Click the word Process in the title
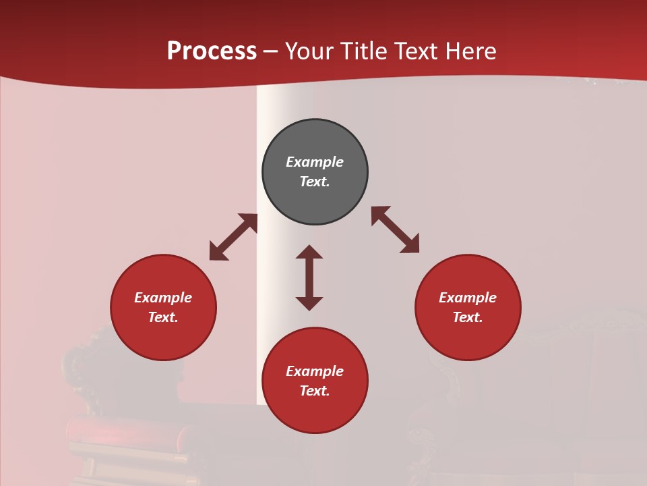tap(212, 51)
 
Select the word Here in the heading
tap(470, 51)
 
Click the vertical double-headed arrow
tap(309, 277)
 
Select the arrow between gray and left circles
tap(233, 237)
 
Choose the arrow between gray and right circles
tap(396, 230)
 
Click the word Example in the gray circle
tap(315, 162)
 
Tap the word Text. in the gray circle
tap(315, 182)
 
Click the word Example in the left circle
tap(163, 298)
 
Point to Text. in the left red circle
tap(163, 317)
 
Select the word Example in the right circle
tap(468, 298)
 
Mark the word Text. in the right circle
tap(468, 317)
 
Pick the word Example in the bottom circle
tap(315, 371)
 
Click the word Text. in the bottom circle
tap(315, 391)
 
